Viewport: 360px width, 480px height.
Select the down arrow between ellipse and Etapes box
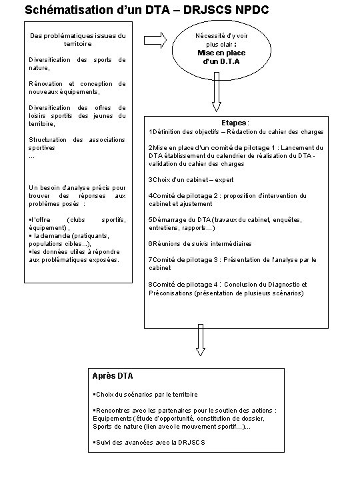[x=215, y=97]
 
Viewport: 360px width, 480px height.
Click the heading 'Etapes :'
[x=238, y=123]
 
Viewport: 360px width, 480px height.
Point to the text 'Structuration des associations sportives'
[x=77, y=143]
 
